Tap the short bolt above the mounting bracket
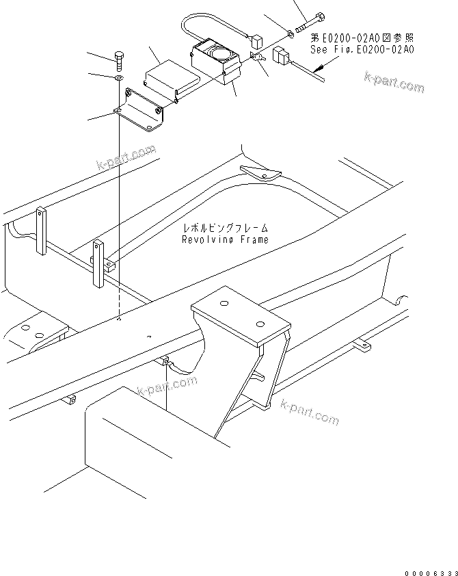[120, 62]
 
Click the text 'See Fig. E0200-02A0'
[362, 50]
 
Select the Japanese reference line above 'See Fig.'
[362, 38]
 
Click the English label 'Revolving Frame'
[225, 239]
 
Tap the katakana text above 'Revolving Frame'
[225, 228]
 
